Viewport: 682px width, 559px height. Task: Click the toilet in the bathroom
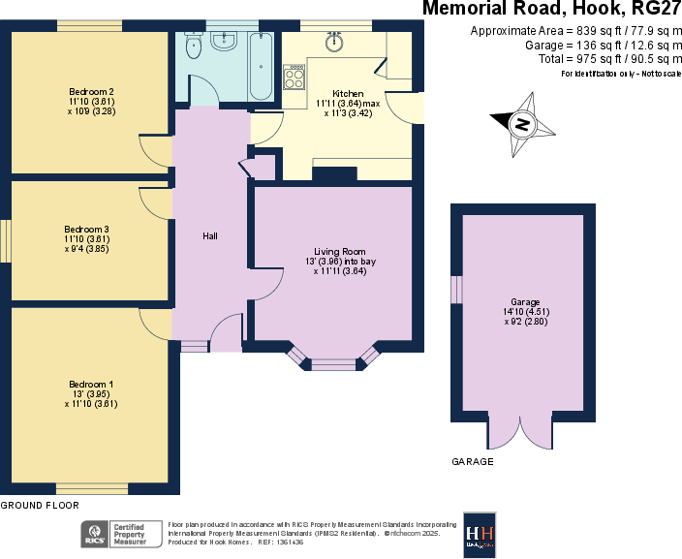coord(193,47)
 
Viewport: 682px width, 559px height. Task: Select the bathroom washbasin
coord(225,41)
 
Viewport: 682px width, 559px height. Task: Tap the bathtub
coord(262,66)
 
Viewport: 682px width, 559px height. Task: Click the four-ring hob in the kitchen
coord(294,77)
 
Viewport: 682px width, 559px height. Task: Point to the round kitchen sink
coord(335,42)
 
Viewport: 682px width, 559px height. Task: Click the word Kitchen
coord(348,93)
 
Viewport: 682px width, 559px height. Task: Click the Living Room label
coord(340,252)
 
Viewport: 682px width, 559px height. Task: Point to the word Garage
coord(525,302)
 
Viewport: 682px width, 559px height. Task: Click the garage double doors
coord(521,432)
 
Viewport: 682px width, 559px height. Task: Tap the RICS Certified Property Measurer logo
coord(122,534)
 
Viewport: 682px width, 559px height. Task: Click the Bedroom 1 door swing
coord(155,322)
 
